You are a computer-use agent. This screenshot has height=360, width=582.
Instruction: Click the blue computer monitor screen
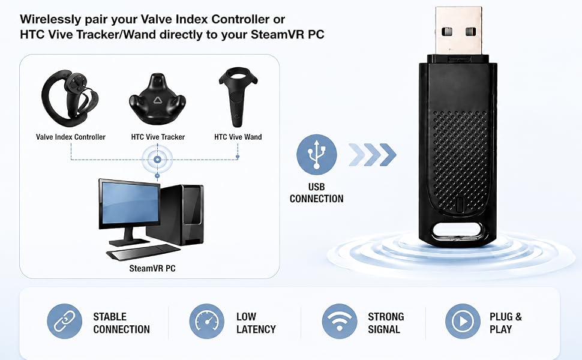(x=130, y=203)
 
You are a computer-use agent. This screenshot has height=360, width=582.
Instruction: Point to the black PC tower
(x=176, y=215)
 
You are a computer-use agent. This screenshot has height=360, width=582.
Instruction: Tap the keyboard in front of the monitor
(x=143, y=253)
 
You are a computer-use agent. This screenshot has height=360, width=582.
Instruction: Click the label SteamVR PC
(x=152, y=268)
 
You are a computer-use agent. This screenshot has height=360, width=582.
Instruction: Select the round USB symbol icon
(x=317, y=154)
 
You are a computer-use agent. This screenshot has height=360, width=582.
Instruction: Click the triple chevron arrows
(x=372, y=154)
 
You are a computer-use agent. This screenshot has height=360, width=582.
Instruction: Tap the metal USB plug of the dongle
(x=459, y=31)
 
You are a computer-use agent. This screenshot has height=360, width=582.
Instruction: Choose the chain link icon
(x=65, y=321)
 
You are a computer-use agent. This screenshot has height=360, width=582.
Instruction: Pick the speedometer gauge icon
(x=207, y=321)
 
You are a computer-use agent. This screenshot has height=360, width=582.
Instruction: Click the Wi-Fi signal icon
(x=340, y=321)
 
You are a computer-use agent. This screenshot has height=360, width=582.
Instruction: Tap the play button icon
(x=463, y=321)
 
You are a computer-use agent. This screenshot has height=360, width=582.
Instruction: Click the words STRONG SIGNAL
(x=386, y=323)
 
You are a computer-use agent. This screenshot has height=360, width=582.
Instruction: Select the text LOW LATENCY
(x=256, y=323)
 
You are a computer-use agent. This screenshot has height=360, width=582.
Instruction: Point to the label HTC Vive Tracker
(x=158, y=137)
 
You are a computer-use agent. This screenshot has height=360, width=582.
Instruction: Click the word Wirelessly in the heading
(x=50, y=20)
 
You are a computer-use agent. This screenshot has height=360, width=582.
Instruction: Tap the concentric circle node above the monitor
(x=157, y=160)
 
